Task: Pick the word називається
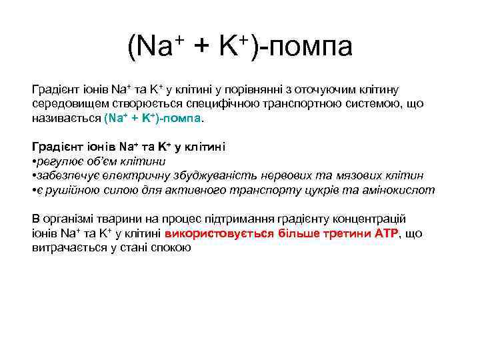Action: point(67,119)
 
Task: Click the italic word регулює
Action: point(57,161)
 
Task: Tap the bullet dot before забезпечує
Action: point(34,176)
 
